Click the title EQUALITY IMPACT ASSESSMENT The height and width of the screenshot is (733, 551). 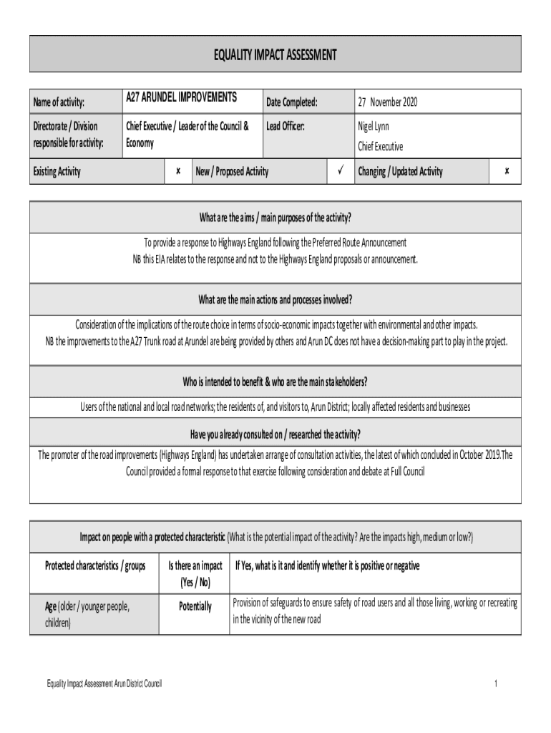[275, 54]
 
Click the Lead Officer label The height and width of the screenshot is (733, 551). [286, 127]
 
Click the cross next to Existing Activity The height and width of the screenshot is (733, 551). [177, 172]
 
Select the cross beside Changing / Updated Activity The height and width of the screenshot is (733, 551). [506, 172]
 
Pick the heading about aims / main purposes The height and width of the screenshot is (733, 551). [275, 218]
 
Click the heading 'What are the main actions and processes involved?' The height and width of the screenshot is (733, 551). [275, 298]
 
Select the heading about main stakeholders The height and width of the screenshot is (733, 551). [275, 379]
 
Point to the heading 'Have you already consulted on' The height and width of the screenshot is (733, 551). [275, 434]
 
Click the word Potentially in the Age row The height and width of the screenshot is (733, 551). [195, 606]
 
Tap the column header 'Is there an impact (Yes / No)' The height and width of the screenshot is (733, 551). [195, 573]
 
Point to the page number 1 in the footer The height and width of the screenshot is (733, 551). [495, 684]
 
